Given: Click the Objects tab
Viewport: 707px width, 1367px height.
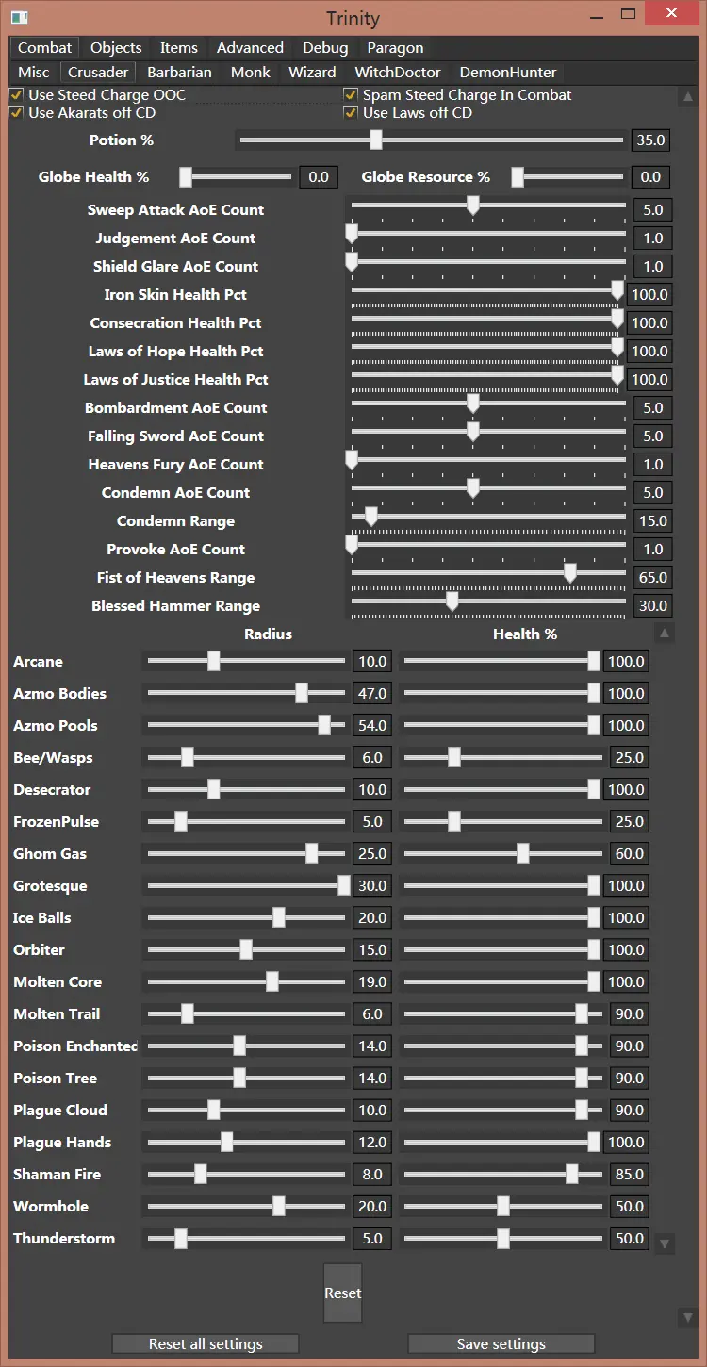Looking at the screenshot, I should pos(116,48).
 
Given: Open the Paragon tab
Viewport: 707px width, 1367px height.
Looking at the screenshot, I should pos(395,48).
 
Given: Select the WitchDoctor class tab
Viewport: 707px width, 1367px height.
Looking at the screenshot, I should pos(398,73).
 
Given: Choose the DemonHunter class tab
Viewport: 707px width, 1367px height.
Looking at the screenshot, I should pos(508,73).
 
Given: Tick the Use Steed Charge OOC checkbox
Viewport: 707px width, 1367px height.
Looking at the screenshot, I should pos(16,95).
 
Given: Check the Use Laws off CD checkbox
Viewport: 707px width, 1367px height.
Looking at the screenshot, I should pos(351,113).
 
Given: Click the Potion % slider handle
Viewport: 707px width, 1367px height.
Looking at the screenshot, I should pos(375,140).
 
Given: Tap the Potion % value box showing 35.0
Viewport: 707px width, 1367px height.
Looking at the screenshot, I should pos(650,140).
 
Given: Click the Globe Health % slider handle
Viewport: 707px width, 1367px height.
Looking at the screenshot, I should pos(186,176).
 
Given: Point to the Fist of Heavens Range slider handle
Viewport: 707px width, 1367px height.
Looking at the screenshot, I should pos(569,574).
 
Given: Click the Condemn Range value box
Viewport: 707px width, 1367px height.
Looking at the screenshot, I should pos(652,520).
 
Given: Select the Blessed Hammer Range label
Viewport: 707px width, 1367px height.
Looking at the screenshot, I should pos(175,606).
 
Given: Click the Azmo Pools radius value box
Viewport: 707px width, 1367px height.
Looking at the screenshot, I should pos(372,726).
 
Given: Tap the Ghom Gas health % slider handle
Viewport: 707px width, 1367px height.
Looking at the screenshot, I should pos(522,853).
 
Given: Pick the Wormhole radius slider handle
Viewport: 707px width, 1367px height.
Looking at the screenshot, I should pos(278,1206).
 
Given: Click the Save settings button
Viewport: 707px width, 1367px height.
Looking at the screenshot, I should pos(501,1344).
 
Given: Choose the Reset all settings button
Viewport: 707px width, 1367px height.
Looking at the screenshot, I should pos(206,1344).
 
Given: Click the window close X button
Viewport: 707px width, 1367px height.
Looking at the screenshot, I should pos(670,14).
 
